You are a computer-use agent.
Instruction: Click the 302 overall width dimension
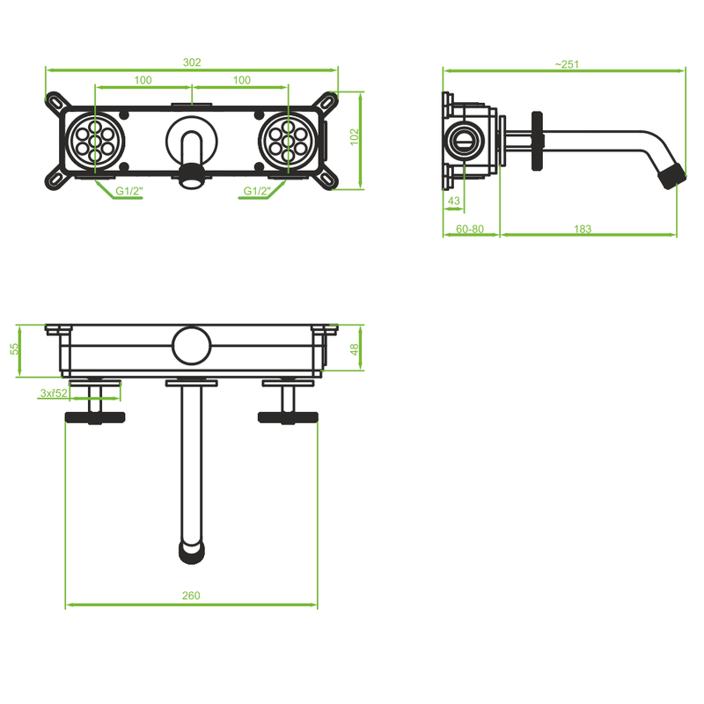tap(192, 62)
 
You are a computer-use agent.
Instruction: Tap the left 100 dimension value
tap(143, 80)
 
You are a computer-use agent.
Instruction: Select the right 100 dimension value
tap(241, 80)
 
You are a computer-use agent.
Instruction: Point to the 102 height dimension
tap(355, 137)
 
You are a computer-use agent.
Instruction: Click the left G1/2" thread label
tap(128, 190)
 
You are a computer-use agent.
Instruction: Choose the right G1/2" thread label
tap(256, 190)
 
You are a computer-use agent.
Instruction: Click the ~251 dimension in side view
tap(566, 63)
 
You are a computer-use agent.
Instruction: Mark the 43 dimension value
tap(454, 202)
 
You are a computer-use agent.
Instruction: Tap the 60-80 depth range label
tap(470, 229)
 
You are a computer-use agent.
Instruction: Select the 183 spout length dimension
tap(583, 229)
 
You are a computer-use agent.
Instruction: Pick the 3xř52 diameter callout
tap(54, 393)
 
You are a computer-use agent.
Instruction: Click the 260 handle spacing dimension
tap(191, 596)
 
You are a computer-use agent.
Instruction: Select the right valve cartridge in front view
tap(289, 139)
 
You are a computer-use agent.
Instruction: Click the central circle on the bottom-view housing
tap(190, 345)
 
